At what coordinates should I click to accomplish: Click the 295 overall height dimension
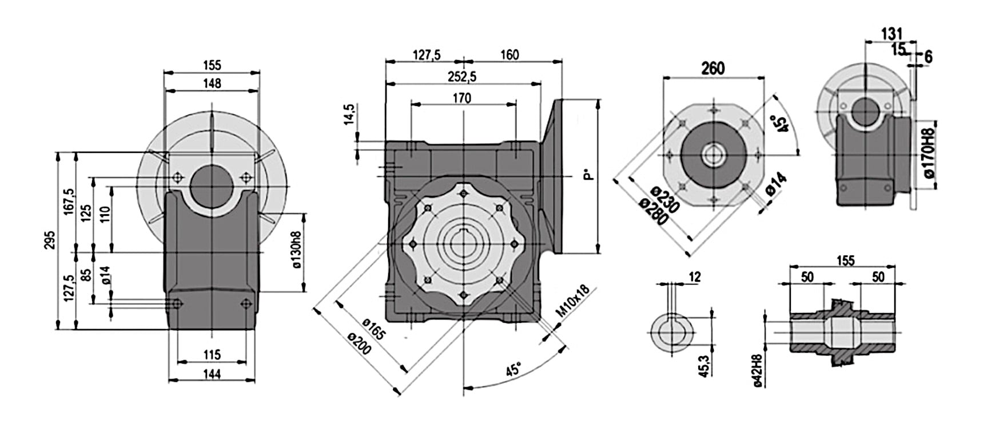50,241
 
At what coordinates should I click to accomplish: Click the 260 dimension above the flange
713,69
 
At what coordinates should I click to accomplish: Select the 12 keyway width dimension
695,277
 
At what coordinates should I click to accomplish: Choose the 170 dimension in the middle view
462,98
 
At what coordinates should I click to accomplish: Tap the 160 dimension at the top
510,55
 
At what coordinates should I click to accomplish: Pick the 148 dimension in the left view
212,84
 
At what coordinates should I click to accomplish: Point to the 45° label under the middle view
513,369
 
